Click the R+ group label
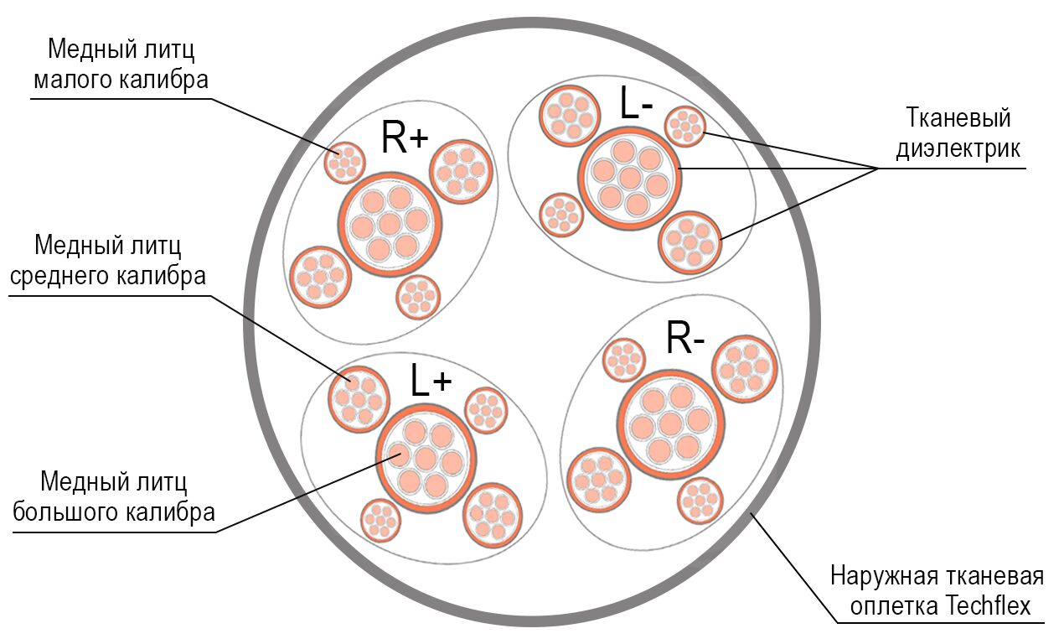(x=405, y=138)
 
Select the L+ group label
(x=431, y=380)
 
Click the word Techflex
(x=988, y=606)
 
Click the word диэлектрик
(x=958, y=148)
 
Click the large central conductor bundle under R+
(x=390, y=224)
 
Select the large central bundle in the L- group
(x=630, y=177)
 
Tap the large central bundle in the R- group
(x=672, y=424)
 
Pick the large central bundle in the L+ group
(x=426, y=458)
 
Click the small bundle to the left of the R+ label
(x=344, y=163)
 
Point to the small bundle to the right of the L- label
(x=684, y=126)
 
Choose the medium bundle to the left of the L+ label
(x=359, y=399)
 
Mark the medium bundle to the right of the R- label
(x=744, y=369)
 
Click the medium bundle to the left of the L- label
(x=570, y=116)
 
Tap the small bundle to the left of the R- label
(x=624, y=360)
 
